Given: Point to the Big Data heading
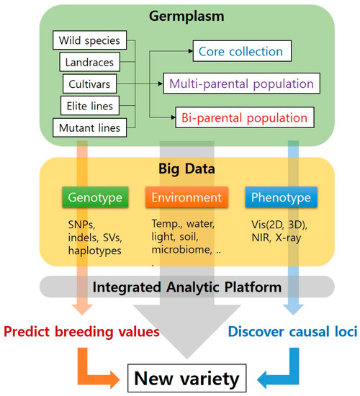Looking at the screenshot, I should click(186, 171).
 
